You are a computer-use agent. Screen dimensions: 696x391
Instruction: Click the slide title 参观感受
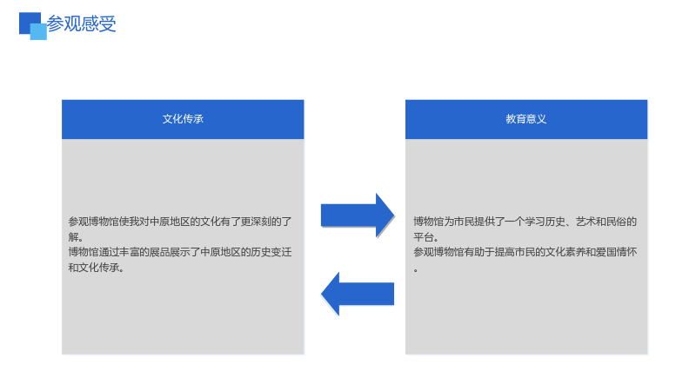tap(81, 24)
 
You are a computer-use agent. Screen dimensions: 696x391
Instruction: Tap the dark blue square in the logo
tap(28, 20)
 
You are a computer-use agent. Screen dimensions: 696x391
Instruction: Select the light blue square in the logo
tap(38, 31)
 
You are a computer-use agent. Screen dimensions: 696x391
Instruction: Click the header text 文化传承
tap(183, 119)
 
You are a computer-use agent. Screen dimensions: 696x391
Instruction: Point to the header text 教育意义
tap(526, 119)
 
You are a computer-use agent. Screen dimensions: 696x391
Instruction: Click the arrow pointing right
tap(358, 215)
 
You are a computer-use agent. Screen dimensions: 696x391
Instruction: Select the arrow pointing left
tap(358, 294)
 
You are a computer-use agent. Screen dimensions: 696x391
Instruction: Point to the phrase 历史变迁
tap(271, 252)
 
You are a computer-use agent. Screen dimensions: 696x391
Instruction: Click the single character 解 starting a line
tap(73, 237)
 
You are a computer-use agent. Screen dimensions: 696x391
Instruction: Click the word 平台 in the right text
tap(424, 237)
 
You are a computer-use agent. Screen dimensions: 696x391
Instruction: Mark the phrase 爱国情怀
tap(617, 252)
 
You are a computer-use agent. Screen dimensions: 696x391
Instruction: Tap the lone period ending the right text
tap(416, 270)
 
